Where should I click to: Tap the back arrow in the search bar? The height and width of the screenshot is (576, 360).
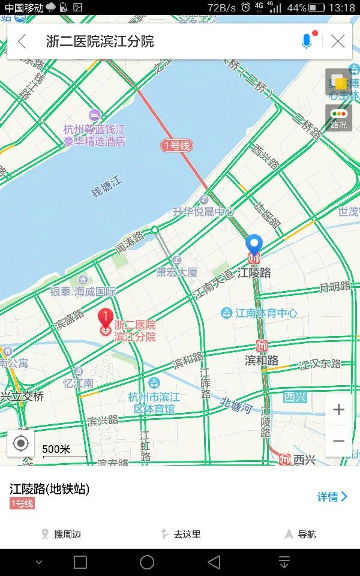22,41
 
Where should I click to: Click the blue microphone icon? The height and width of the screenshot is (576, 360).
307,41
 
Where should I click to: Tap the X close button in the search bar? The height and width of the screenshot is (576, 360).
338,41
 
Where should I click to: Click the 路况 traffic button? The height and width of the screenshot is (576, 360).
338,118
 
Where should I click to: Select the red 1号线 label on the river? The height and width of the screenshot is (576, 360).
176,145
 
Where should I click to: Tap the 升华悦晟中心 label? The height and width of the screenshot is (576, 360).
203,211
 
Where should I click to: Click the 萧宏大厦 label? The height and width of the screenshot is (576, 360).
177,272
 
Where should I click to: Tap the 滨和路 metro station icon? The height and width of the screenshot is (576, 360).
262,346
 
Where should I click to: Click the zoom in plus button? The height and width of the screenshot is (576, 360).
338,410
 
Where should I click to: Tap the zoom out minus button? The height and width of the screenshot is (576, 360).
338,441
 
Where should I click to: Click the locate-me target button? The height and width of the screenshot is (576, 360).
21,443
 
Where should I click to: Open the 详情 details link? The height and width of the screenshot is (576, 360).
332,496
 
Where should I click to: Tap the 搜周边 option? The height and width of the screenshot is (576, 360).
61,534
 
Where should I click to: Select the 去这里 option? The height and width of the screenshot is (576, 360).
181,534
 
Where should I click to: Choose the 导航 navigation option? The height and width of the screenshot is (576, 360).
301,534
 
